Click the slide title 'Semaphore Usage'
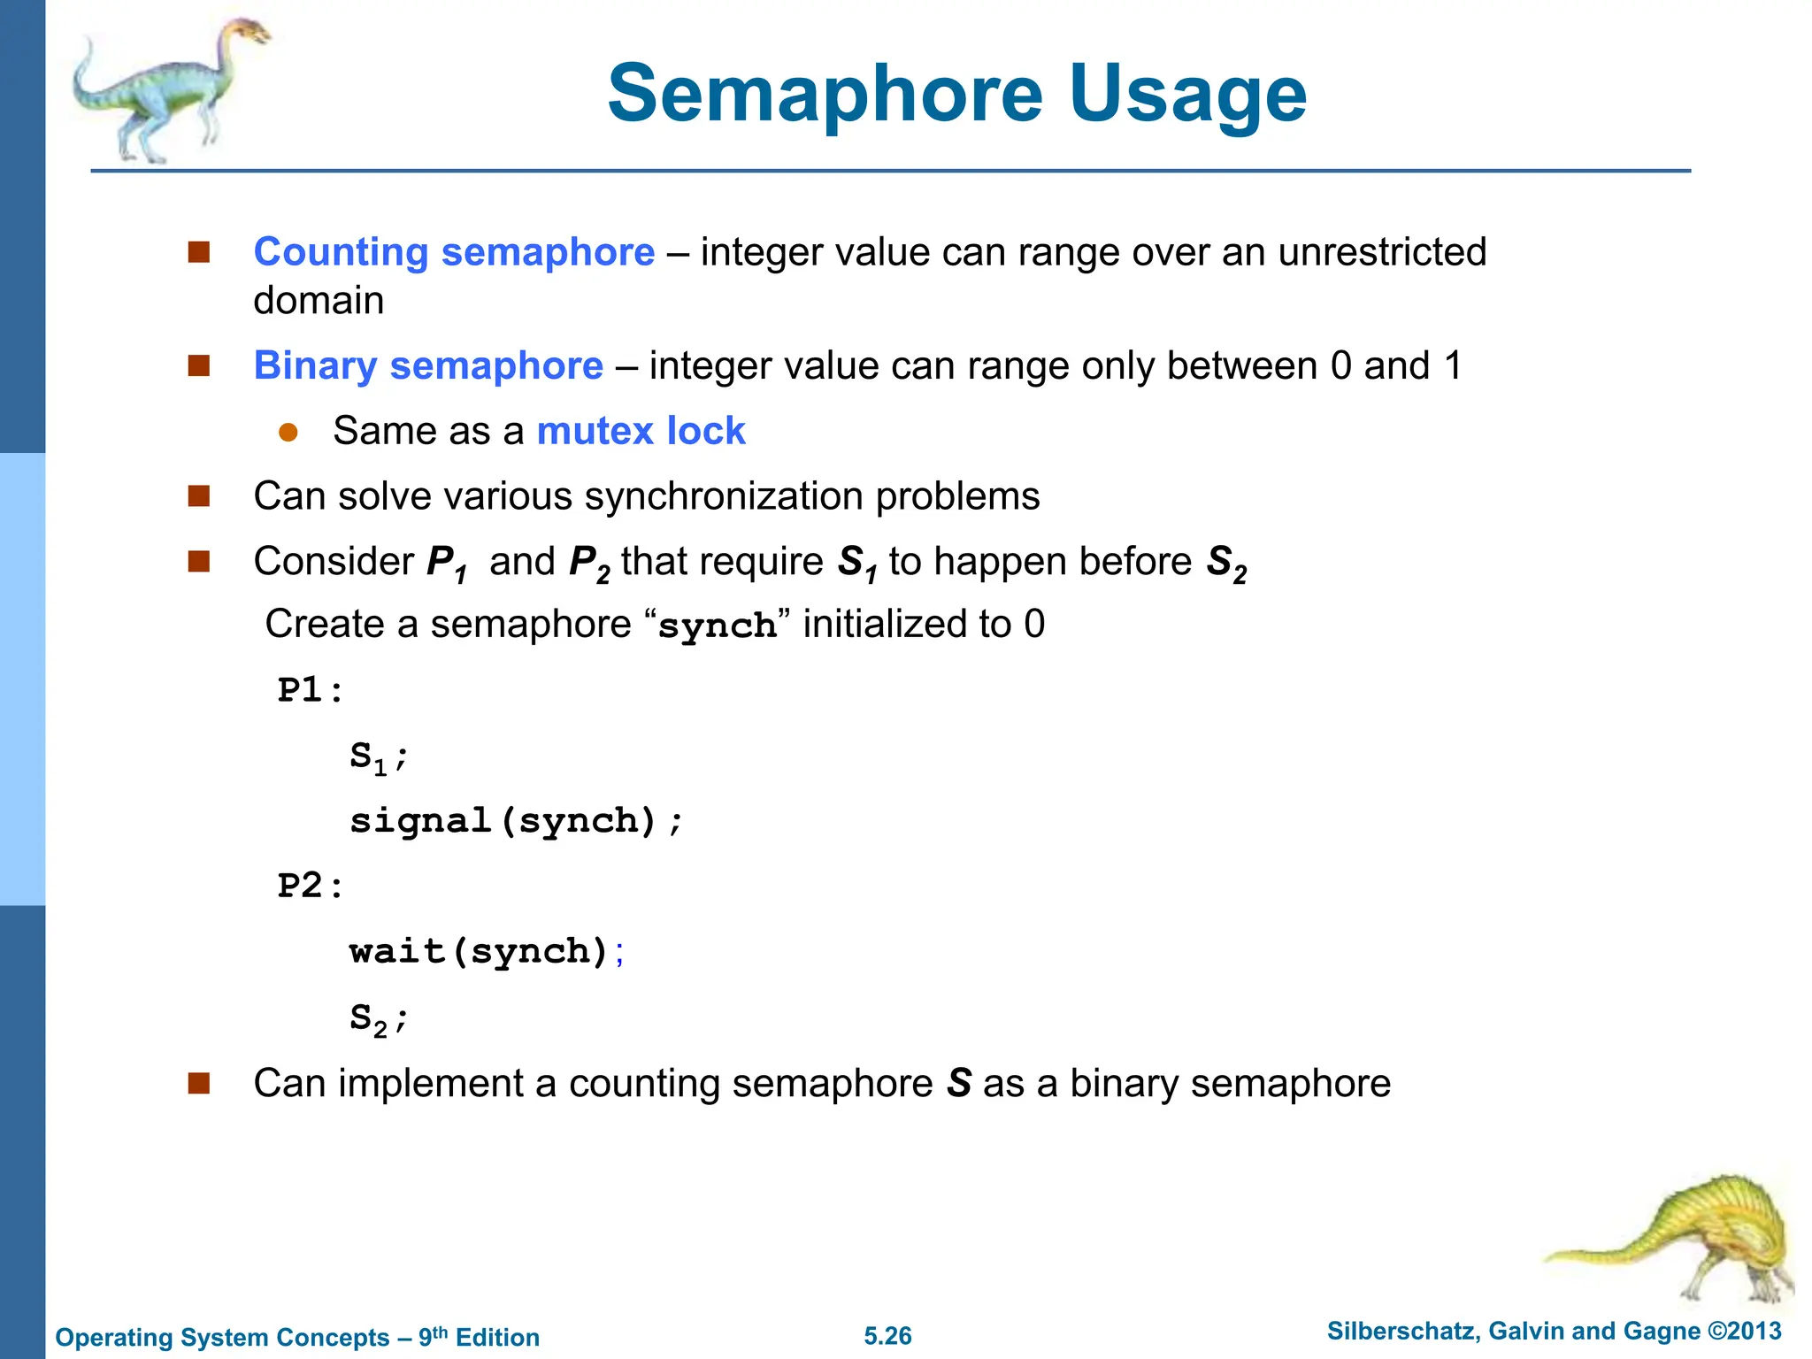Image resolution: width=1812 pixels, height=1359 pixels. point(956,94)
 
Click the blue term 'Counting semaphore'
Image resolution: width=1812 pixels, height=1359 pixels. point(454,252)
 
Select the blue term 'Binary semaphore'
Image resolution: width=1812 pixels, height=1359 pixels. point(428,365)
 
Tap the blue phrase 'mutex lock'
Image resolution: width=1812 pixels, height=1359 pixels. point(641,431)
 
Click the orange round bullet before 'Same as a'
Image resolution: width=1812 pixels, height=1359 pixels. point(288,432)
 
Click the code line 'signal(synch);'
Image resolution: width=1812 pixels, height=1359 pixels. point(516,821)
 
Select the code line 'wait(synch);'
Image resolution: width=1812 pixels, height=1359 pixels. point(487,951)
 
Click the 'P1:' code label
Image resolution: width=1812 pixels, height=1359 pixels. point(310,690)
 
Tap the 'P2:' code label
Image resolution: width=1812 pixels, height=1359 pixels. point(310,886)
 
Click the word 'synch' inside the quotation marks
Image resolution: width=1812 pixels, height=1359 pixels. point(718,626)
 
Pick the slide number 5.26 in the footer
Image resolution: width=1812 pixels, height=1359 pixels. point(887,1335)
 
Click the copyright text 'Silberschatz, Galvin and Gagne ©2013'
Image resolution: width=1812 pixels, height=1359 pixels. point(1554,1331)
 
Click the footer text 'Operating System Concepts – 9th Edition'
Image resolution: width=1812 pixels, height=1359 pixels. point(297,1337)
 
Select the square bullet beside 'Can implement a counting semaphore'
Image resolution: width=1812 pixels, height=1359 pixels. point(199,1083)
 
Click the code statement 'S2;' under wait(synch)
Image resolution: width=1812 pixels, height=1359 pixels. point(378,1018)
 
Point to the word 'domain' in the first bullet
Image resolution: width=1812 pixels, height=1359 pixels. point(319,301)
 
